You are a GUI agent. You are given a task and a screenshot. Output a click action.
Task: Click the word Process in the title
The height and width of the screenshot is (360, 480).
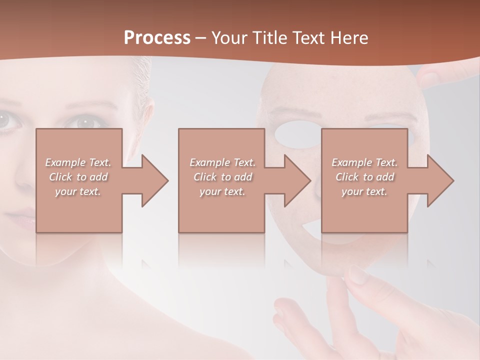[x=157, y=37]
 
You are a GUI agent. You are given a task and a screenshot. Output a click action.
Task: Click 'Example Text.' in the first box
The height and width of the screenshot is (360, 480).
[x=78, y=162]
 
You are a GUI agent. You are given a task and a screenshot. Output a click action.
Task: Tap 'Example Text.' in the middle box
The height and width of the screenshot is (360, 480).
[x=222, y=162]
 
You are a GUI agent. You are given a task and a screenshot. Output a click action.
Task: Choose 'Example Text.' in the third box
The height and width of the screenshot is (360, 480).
[x=364, y=162]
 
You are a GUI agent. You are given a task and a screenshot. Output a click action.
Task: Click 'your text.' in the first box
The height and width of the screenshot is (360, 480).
[x=78, y=191]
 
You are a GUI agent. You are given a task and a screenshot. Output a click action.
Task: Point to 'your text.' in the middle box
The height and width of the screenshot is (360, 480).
[x=222, y=191]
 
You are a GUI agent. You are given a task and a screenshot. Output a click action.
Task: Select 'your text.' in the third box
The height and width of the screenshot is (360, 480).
[x=364, y=191]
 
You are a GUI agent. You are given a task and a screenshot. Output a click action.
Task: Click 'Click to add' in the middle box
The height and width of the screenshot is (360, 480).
[x=222, y=177]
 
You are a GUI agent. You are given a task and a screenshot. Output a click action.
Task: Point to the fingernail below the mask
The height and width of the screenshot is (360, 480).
[x=357, y=274]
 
